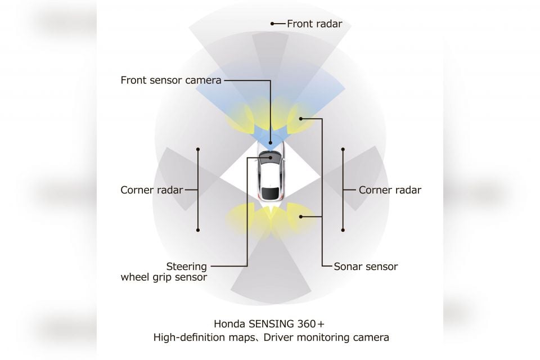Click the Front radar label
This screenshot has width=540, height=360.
pyautogui.click(x=314, y=24)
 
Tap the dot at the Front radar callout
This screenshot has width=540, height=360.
pyautogui.click(x=272, y=24)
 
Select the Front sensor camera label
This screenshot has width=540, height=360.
pyautogui.click(x=171, y=80)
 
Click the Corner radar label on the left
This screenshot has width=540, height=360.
pyautogui.click(x=151, y=190)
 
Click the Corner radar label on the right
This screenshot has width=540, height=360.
pyautogui.click(x=390, y=190)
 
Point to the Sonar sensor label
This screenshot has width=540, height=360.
pyautogui.click(x=366, y=266)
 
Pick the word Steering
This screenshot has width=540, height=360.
pyautogui.click(x=187, y=267)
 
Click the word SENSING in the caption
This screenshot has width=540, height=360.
pyautogui.click(x=271, y=324)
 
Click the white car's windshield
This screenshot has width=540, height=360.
pyautogui.click(x=271, y=156)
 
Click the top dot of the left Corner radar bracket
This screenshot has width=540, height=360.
pyautogui.click(x=198, y=150)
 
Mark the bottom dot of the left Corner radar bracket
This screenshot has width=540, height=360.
pyautogui.click(x=198, y=229)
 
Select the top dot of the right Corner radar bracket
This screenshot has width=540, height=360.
pyautogui.click(x=343, y=150)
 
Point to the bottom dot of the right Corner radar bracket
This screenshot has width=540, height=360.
pyautogui.click(x=343, y=229)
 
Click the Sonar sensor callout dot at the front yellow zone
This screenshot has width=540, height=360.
pyautogui.click(x=300, y=119)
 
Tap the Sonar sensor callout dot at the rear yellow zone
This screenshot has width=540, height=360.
pyautogui.click(x=300, y=217)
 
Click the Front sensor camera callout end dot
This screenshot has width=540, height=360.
pyautogui.click(x=271, y=143)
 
